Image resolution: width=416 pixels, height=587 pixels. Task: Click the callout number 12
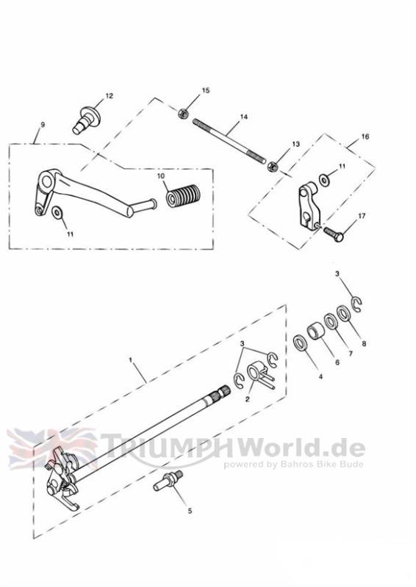tap(109, 96)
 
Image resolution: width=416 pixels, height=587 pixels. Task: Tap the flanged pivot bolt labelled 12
tap(86, 119)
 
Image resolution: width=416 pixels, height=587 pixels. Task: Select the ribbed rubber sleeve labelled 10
tap(183, 194)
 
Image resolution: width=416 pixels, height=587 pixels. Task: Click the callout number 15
tap(206, 90)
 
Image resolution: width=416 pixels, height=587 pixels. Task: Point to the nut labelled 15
tap(183, 113)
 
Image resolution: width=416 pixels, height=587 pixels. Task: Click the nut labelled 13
tap(273, 166)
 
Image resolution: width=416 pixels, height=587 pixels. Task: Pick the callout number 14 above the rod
tap(244, 117)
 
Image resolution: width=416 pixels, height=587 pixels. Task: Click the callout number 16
tap(365, 136)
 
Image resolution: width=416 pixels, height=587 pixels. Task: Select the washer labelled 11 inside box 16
tap(323, 179)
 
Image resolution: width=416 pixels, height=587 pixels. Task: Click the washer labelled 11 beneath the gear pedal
tap(57, 213)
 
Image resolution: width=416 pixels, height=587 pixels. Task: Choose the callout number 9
tap(43, 125)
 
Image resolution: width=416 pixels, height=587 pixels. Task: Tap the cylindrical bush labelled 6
tap(316, 331)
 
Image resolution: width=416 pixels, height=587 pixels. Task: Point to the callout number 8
tap(363, 343)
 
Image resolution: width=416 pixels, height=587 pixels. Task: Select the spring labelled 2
tap(261, 376)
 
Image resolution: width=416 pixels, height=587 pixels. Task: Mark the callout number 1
tap(131, 360)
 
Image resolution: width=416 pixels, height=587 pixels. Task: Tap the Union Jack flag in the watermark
tap(52, 448)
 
